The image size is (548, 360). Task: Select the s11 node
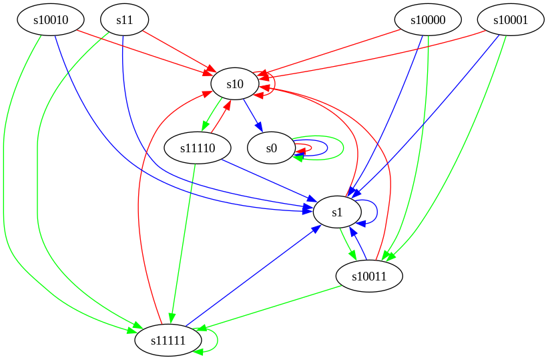point(125,20)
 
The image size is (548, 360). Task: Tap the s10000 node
point(429,20)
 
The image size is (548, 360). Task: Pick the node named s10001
point(511,20)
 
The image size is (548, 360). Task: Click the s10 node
point(235,84)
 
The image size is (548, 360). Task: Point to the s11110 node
point(198,148)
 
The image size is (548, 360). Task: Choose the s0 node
point(271,148)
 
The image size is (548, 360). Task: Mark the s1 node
point(337,212)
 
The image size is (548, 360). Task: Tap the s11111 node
point(168,341)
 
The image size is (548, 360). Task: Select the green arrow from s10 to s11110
point(213,116)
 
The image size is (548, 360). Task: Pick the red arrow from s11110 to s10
point(221,116)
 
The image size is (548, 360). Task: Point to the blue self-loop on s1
point(377,212)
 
